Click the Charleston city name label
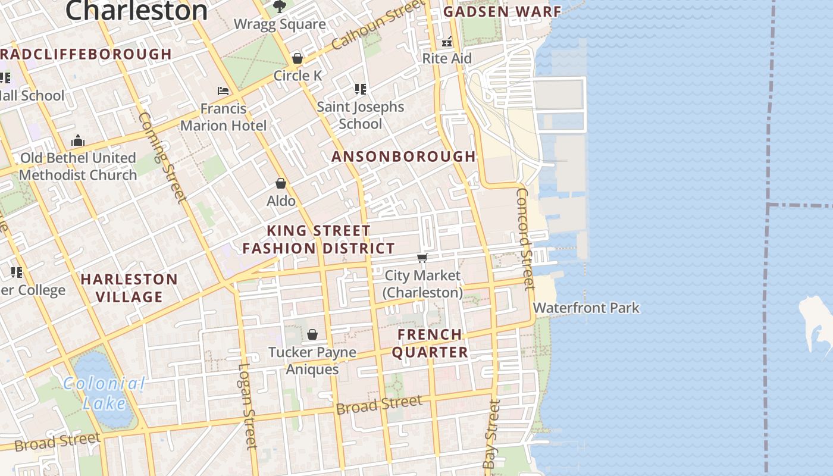[136, 10]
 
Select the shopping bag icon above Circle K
[297, 58]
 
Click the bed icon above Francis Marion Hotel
[223, 91]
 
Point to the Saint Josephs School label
[361, 115]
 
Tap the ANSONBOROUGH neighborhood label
[403, 156]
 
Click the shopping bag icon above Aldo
[281, 184]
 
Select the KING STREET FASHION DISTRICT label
[318, 240]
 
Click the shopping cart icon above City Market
[422, 258]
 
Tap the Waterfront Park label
[586, 308]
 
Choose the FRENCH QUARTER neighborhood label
[430, 343]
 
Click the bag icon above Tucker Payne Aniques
[312, 335]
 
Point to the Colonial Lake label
[104, 393]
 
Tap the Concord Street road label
[523, 239]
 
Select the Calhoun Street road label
[378, 25]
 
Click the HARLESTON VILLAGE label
[129, 288]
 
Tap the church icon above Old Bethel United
[77, 141]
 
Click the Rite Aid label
[447, 58]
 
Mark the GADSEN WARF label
[502, 11]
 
